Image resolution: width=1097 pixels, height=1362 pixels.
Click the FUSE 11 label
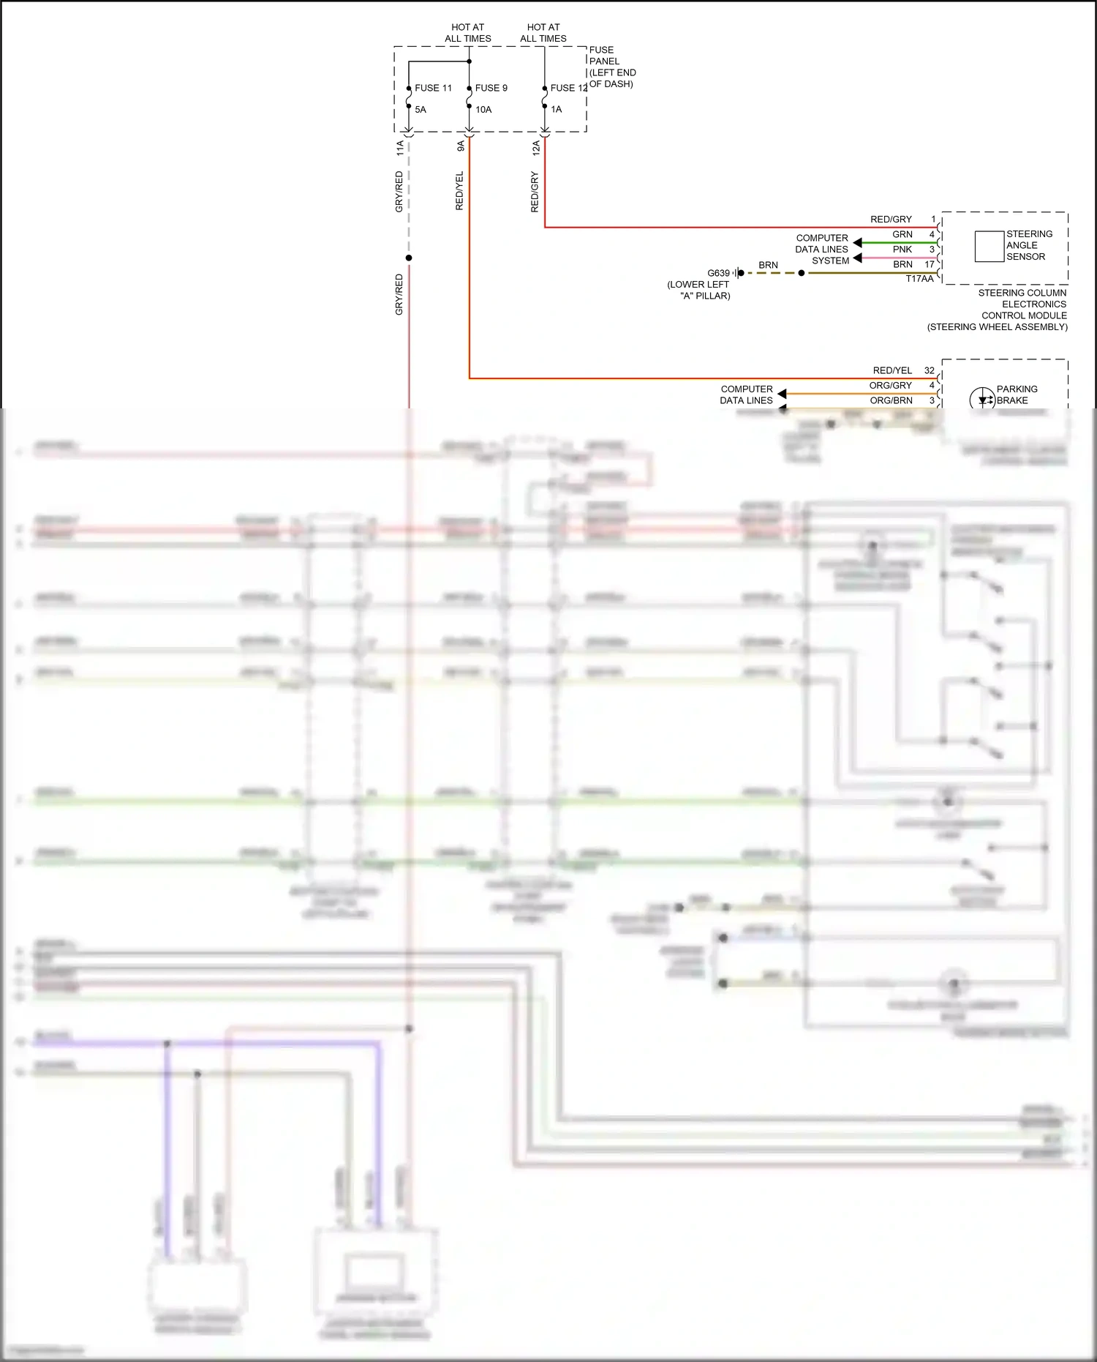pyautogui.click(x=433, y=88)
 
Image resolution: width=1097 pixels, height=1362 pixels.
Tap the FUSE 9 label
pyautogui.click(x=491, y=88)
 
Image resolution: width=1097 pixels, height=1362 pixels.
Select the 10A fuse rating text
pyautogui.click(x=483, y=110)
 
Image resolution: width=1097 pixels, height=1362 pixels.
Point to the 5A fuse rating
pyautogui.click(x=421, y=110)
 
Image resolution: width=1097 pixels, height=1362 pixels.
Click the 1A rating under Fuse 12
pyautogui.click(x=557, y=110)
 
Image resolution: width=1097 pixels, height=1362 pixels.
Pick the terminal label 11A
pyautogui.click(x=400, y=148)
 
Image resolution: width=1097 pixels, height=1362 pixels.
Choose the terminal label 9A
pyautogui.click(x=461, y=146)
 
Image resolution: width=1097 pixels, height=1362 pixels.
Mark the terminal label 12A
pyautogui.click(x=536, y=148)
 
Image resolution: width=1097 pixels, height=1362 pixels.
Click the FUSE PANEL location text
pyautogui.click(x=612, y=67)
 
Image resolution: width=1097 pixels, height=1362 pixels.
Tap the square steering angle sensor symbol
pyautogui.click(x=989, y=246)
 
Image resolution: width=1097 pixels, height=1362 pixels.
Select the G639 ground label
pyautogui.click(x=718, y=273)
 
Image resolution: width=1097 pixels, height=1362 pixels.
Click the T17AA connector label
pyautogui.click(x=919, y=279)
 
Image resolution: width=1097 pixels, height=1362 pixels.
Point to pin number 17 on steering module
pyautogui.click(x=930, y=264)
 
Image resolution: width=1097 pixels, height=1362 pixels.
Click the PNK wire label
pyautogui.click(x=902, y=250)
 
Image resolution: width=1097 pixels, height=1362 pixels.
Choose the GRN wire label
pyautogui.click(x=902, y=234)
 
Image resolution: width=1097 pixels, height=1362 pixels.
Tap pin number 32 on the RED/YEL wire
pyautogui.click(x=929, y=370)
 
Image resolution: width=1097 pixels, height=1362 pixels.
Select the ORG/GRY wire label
pyautogui.click(x=890, y=386)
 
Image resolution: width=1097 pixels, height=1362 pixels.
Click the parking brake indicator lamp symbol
pyautogui.click(x=981, y=400)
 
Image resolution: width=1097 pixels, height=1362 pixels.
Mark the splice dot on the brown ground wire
pyautogui.click(x=802, y=273)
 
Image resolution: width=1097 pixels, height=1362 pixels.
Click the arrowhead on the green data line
pyautogui.click(x=857, y=242)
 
